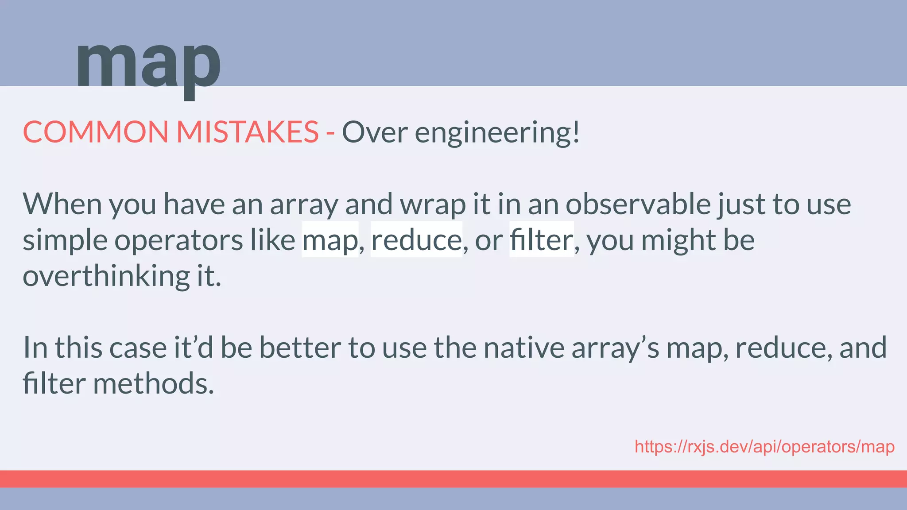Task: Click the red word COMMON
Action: (x=95, y=132)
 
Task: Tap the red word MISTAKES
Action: (x=247, y=132)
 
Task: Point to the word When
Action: (x=62, y=204)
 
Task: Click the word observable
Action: (x=638, y=204)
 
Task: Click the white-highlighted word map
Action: (x=330, y=240)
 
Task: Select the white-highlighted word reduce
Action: (x=416, y=240)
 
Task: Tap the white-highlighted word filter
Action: (x=541, y=240)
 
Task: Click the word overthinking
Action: (x=106, y=276)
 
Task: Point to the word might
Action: (x=678, y=240)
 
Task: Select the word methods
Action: (x=153, y=383)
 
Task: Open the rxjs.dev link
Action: (x=764, y=447)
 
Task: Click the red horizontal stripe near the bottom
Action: (x=453, y=479)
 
